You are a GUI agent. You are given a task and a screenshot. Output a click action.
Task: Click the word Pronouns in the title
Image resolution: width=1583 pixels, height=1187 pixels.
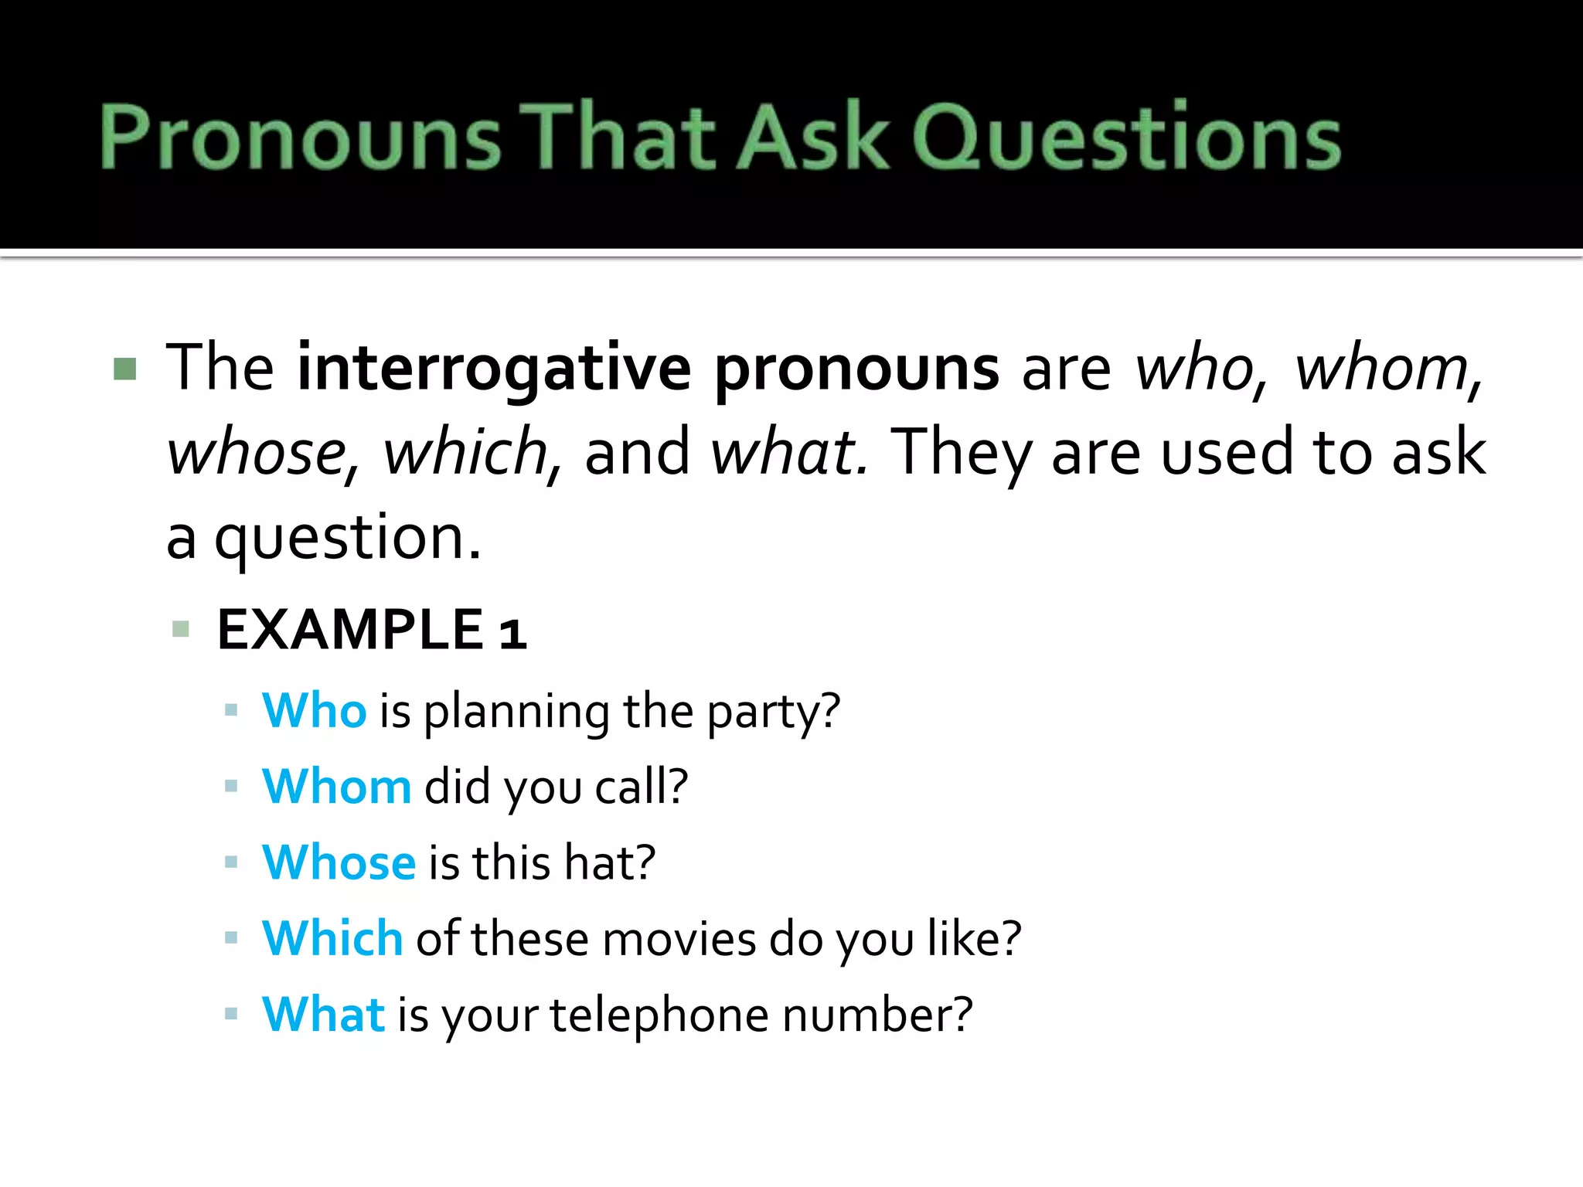click(301, 137)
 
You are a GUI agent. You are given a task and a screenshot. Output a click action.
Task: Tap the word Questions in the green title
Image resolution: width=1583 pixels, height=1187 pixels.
click(1126, 137)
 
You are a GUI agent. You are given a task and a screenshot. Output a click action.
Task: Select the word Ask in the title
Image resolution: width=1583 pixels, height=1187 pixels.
click(813, 137)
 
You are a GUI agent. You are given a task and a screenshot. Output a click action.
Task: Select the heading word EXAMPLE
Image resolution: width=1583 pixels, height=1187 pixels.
click(350, 630)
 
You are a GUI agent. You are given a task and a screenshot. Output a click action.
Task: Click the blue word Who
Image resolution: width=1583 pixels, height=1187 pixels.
click(314, 710)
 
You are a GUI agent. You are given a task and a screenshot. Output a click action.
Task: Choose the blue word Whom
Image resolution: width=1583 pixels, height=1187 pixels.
click(336, 787)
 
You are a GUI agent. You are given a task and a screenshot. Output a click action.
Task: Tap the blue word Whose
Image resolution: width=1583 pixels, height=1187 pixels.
click(339, 862)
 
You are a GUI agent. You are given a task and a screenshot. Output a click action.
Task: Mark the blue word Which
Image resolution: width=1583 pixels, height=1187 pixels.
click(332, 938)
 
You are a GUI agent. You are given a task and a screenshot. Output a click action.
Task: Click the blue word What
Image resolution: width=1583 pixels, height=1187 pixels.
click(323, 1014)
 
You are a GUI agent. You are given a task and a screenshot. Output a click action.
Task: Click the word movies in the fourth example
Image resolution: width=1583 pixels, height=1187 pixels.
click(679, 940)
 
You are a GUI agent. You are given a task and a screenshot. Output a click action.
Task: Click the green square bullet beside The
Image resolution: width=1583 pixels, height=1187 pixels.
click(124, 369)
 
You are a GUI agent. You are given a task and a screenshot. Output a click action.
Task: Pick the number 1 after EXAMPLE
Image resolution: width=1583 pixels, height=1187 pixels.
click(512, 632)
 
